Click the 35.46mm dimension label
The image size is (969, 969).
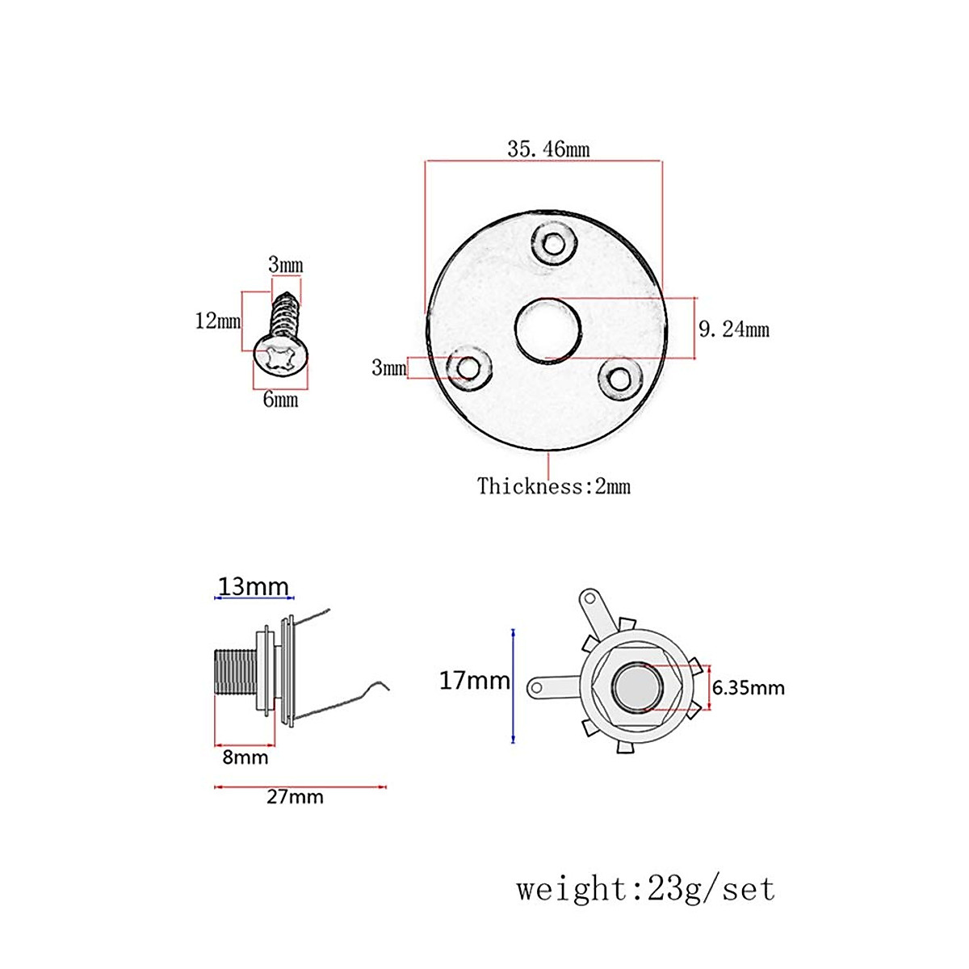(548, 149)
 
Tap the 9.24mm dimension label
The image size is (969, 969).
(733, 329)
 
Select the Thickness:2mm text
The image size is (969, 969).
(553, 486)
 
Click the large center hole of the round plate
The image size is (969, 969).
(548, 331)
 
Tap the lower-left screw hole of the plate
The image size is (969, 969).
(467, 368)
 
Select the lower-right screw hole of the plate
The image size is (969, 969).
(620, 378)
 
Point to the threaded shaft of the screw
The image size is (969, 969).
(284, 315)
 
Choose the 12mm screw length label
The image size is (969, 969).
(217, 321)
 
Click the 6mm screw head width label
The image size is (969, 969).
(280, 400)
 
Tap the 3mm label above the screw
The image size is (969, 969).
(285, 265)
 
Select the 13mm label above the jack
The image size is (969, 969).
(253, 586)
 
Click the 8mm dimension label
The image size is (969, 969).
(245, 757)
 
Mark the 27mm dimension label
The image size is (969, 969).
(295, 797)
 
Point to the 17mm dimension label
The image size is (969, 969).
(474, 681)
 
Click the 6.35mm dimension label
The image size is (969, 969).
(748, 688)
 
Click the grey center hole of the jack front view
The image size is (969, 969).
(636, 686)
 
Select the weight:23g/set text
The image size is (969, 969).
(645, 889)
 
